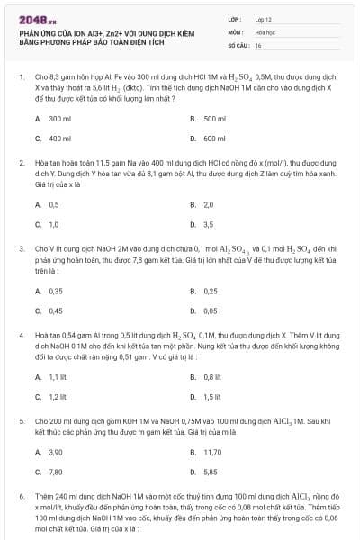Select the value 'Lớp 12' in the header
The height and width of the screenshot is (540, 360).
point(263,18)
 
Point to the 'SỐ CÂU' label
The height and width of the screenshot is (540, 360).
point(237,45)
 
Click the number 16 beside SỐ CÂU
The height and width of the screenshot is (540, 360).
point(258,45)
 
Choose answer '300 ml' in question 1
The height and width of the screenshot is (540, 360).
point(59,119)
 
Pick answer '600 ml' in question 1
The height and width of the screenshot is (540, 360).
point(214,139)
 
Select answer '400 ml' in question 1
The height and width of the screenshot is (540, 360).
point(59,139)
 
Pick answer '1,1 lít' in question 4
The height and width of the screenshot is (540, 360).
point(58,377)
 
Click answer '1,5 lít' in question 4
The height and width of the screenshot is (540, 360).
point(212,397)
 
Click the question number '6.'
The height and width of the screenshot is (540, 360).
point(22,496)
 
